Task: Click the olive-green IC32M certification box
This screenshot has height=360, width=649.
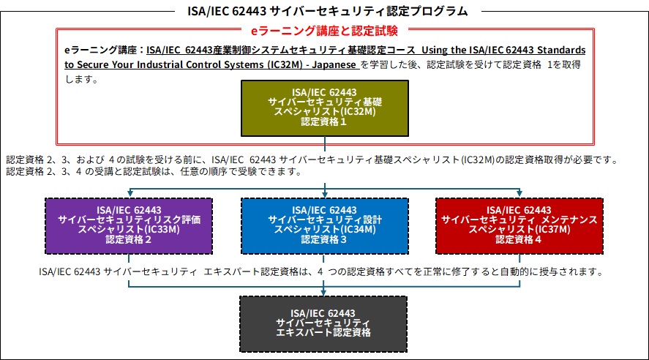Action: (x=323, y=107)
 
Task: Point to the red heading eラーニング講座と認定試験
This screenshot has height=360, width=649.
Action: (x=324, y=31)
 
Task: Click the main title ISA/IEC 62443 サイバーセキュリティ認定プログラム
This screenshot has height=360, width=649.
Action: (x=324, y=11)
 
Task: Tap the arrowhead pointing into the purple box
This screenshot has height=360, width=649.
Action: (x=129, y=193)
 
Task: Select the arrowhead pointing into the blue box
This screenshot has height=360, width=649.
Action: (x=324, y=193)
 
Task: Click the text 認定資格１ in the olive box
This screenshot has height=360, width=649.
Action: (x=323, y=122)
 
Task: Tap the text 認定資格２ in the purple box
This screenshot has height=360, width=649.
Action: (x=129, y=239)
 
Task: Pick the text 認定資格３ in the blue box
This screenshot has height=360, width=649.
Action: (x=324, y=239)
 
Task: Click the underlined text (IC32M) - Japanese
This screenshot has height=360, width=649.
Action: (x=315, y=64)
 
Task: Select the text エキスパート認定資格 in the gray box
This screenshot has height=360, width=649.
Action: (x=323, y=332)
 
